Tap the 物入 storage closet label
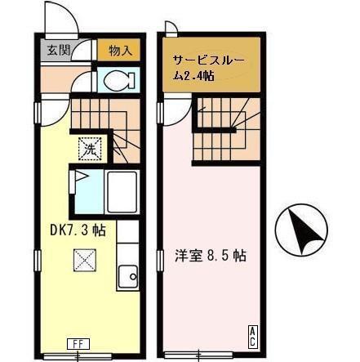[119, 50]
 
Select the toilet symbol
[119, 81]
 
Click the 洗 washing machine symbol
[89, 149]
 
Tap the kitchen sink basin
[127, 278]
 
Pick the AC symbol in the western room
[251, 334]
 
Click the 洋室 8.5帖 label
[211, 254]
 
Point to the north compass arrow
[300, 229]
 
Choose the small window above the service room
[169, 30]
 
